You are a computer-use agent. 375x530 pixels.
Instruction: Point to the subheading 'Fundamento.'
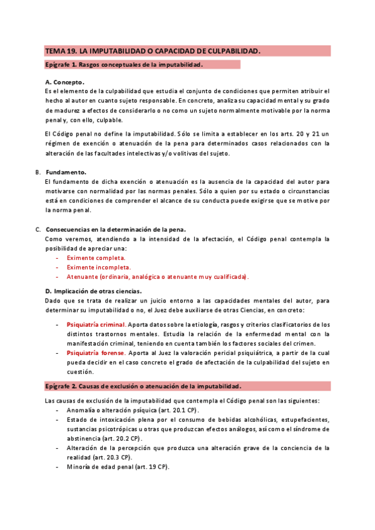tap(66, 172)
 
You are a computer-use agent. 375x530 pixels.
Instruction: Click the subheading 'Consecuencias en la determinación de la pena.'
tap(119, 229)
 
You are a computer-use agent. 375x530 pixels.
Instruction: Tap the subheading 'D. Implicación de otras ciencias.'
tap(93, 291)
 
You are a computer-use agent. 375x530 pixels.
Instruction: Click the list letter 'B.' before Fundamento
tap(38, 172)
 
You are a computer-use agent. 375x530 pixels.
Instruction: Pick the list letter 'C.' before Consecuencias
tap(38, 229)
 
